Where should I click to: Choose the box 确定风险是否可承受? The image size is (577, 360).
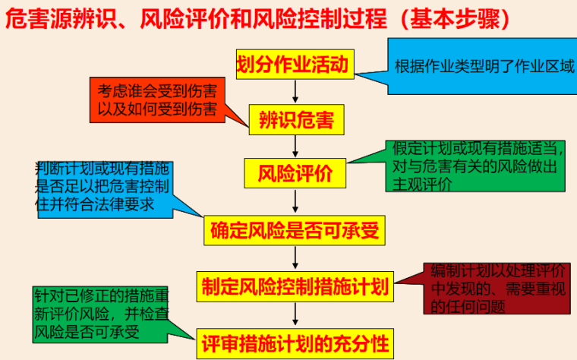point(294,229)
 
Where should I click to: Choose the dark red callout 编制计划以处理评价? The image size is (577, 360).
point(498,289)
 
